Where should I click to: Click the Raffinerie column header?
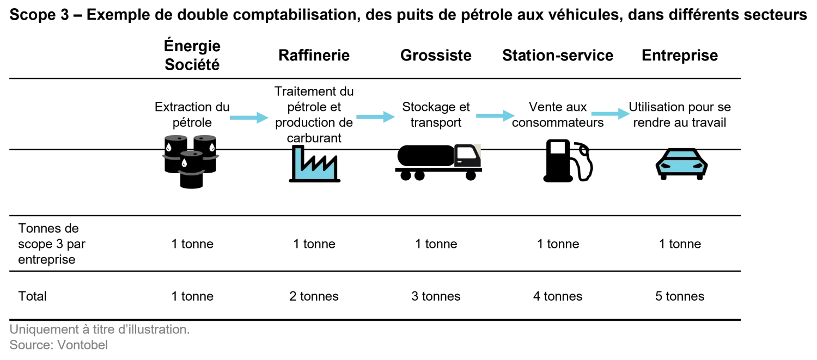tap(314, 56)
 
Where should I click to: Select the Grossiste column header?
tap(436, 56)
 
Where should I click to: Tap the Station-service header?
tap(558, 56)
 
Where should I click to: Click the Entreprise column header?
tap(680, 56)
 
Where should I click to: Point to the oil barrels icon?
tap(191, 162)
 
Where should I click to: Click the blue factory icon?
tap(314, 164)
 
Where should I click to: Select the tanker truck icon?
tap(438, 162)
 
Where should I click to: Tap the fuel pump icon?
tap(568, 161)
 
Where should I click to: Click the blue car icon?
tap(681, 164)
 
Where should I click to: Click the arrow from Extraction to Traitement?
tap(249, 118)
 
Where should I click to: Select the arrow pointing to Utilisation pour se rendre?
tap(610, 113)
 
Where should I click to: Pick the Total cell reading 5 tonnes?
tap(680, 296)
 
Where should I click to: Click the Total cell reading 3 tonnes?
tap(436, 296)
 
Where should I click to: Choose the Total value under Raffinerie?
tap(314, 296)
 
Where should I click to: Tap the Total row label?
tap(33, 296)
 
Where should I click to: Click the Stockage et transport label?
tap(436, 114)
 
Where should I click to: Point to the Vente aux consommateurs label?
tap(558, 114)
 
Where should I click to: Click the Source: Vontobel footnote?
tap(59, 345)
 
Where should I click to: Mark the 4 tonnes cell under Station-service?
tap(558, 296)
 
